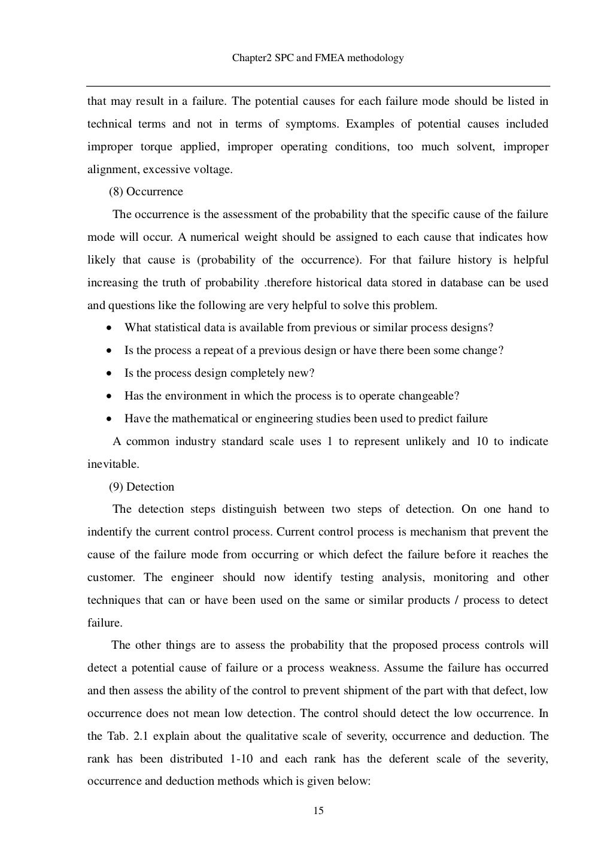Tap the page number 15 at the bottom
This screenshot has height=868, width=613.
tap(318, 811)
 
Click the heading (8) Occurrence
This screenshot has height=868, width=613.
tap(146, 192)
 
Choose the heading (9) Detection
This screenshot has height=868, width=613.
tap(142, 486)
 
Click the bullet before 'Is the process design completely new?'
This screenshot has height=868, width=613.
tap(108, 373)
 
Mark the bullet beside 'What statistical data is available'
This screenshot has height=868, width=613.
tap(108, 328)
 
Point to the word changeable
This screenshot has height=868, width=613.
tap(427, 396)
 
